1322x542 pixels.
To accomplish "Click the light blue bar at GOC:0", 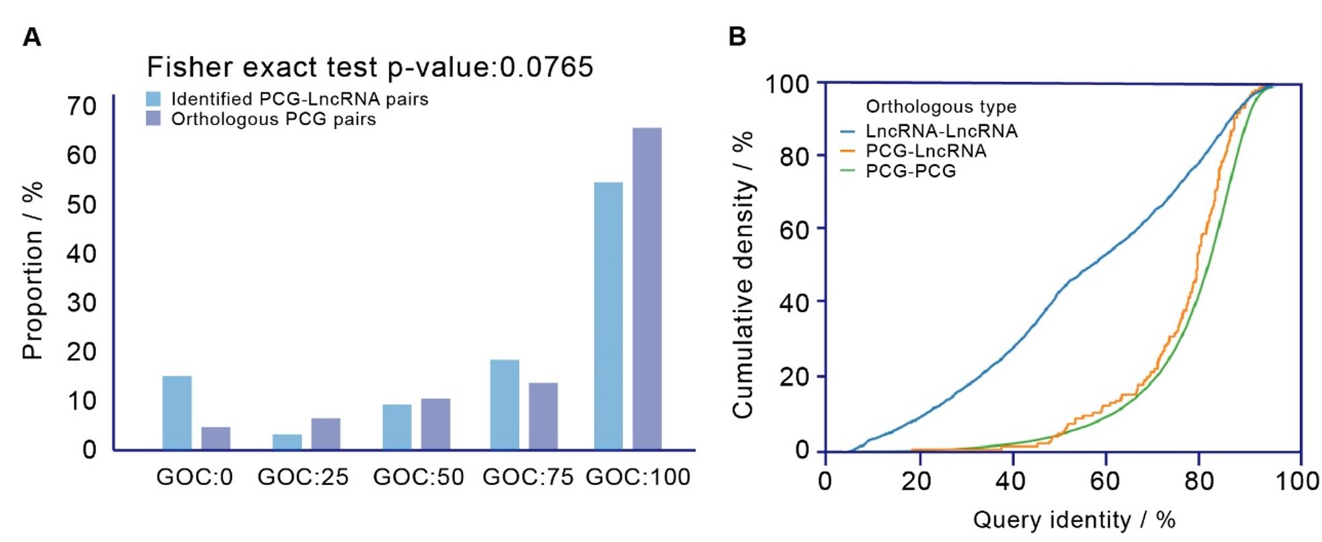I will (x=177, y=412).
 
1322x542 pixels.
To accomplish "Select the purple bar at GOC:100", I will (x=647, y=288).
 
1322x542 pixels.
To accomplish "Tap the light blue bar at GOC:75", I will (x=504, y=404).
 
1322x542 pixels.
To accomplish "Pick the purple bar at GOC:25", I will (x=325, y=434).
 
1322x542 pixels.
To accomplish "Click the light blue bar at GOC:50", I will (x=397, y=426).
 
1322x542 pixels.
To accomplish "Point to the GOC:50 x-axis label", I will (x=418, y=477).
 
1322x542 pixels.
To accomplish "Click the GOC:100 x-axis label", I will (x=638, y=477).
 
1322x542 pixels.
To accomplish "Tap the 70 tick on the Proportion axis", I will (x=81, y=106).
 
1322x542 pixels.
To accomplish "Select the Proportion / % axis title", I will (x=32, y=270).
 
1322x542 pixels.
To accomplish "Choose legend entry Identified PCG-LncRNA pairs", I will (x=299, y=99).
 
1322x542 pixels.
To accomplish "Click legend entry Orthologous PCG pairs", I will (x=273, y=119).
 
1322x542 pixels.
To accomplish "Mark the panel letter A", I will (x=32, y=37).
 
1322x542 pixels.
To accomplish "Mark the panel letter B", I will (x=737, y=36).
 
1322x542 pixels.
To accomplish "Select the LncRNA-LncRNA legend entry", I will (x=941, y=131).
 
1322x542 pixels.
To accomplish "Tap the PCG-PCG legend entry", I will (x=910, y=171).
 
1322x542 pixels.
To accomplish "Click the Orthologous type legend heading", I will (x=940, y=107).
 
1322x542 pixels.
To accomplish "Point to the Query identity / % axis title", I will (x=1073, y=520).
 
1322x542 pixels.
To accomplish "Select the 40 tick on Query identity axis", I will (x=1011, y=481).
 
